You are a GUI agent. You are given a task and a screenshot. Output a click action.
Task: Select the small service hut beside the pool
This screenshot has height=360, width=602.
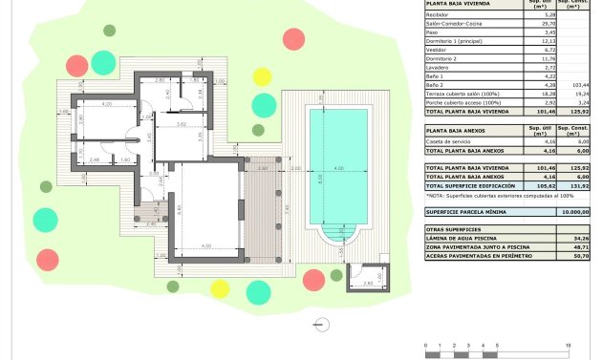click(368, 276)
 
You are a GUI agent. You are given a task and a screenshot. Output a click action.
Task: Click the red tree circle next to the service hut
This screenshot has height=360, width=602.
click(313, 280)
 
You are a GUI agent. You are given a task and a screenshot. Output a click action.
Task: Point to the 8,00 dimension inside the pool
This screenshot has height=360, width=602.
click(319, 179)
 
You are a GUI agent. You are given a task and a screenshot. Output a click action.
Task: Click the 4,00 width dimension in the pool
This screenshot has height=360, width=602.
click(338, 168)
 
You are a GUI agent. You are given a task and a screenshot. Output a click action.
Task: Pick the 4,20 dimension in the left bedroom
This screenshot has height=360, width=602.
click(108, 103)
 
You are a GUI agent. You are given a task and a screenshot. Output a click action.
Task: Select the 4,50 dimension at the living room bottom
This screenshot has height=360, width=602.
click(205, 246)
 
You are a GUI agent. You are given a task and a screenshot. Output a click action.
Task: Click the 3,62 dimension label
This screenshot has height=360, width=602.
click(182, 124)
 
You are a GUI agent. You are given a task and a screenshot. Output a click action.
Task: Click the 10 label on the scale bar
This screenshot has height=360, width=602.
click(569, 344)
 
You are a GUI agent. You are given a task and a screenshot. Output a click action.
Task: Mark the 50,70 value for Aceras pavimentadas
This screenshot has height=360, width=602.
click(576, 256)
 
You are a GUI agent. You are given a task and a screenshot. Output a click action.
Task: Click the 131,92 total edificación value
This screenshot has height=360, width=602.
click(576, 184)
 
